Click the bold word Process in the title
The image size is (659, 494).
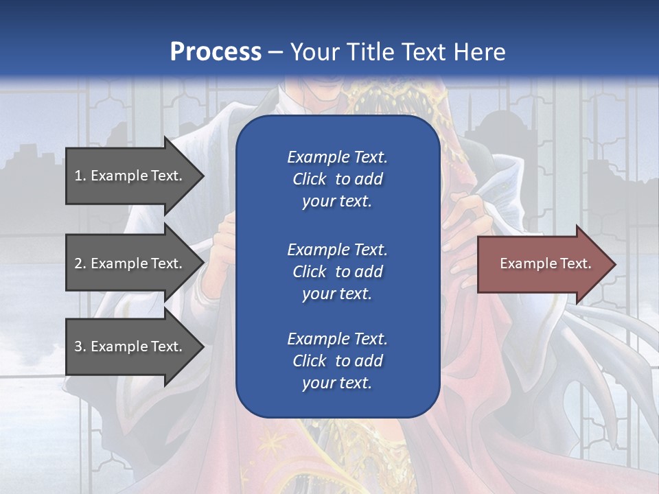click(216, 52)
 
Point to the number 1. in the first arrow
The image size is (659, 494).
click(80, 176)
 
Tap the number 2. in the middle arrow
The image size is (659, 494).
click(80, 263)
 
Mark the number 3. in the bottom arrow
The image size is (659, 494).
click(80, 346)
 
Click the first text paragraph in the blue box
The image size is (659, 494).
click(337, 179)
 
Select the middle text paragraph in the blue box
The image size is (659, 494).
click(337, 272)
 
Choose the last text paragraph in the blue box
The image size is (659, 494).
click(337, 361)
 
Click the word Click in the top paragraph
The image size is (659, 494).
click(310, 179)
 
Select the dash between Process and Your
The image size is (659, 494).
click(276, 52)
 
